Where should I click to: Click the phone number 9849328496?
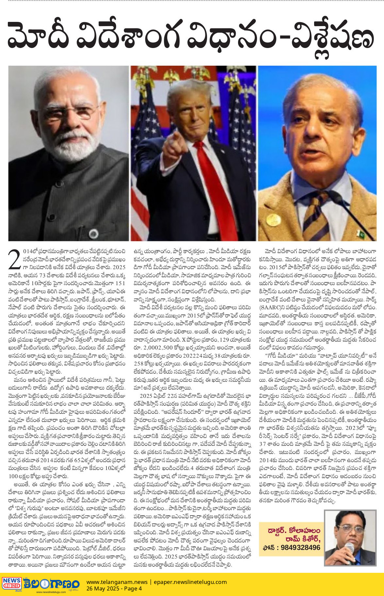coord(300,547)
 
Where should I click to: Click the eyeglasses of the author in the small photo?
coord(349,528)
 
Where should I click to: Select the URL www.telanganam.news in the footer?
coord(117,582)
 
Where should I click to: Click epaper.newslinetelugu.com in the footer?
coord(190,582)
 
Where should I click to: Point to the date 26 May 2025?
coord(102,588)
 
